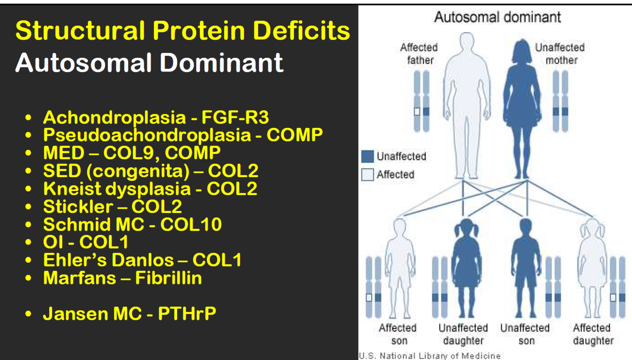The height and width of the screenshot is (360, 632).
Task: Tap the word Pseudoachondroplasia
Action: pos(146,135)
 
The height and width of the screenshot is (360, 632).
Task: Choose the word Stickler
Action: pos(78,207)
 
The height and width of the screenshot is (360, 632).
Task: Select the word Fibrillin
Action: pos(169,278)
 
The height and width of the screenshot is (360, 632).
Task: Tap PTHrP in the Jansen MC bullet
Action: pos(187,314)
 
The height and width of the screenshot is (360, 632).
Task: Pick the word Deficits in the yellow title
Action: pos(301,31)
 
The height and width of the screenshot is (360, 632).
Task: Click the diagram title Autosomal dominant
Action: pos(497,18)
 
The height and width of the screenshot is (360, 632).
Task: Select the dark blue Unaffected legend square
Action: pos(368,156)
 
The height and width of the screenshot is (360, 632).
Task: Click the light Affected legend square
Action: pos(368,175)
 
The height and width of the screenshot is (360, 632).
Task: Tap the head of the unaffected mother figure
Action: pos(526,48)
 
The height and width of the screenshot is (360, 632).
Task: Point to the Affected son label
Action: pos(397,334)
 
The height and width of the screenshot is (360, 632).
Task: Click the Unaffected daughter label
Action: pos(463,334)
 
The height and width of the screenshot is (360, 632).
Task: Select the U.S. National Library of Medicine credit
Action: pos(429,356)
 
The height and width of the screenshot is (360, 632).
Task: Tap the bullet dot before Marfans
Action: pos(30,279)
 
